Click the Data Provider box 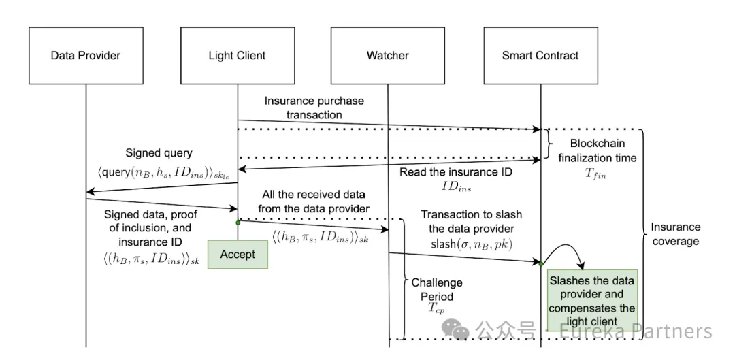coord(86,55)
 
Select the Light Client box coord(238,55)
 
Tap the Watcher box coord(388,55)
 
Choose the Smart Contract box coord(540,55)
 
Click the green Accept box coord(238,255)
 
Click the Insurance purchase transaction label coord(314,108)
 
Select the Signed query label coord(159,153)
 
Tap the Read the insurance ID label coord(455,172)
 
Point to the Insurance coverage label coord(675,234)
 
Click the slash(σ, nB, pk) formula coord(471,244)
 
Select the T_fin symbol coord(595,175)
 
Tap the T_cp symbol coord(436,308)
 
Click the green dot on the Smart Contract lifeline coord(540,264)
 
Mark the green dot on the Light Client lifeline coord(238,222)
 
